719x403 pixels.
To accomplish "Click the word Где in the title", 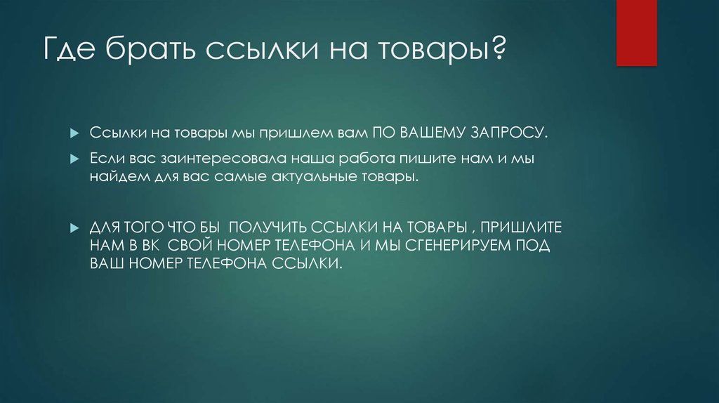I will (70, 52).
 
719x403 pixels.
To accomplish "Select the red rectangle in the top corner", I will (637, 32).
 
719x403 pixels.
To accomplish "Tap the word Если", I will (105, 160).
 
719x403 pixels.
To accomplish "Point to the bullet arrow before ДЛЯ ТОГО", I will (74, 230).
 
